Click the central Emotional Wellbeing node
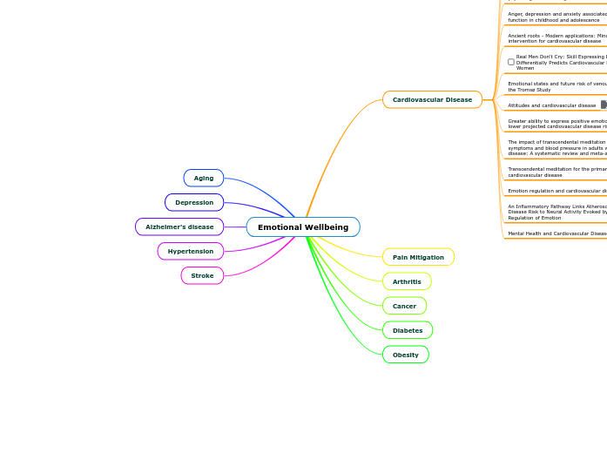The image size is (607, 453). point(303,227)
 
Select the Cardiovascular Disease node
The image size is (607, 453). point(432,100)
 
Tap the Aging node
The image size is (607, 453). point(204,179)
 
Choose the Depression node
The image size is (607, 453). point(194,203)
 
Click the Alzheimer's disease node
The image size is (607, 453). point(179,227)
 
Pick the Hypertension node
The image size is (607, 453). point(191,252)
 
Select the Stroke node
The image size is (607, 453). point(202,276)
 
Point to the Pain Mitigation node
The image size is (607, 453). point(418,258)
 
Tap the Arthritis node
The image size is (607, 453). point(407,282)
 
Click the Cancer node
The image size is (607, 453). point(404,307)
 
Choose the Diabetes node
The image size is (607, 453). point(408,331)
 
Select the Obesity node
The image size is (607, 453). point(406,355)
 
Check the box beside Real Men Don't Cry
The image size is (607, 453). point(511,62)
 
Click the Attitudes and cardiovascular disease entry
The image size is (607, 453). point(552,105)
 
